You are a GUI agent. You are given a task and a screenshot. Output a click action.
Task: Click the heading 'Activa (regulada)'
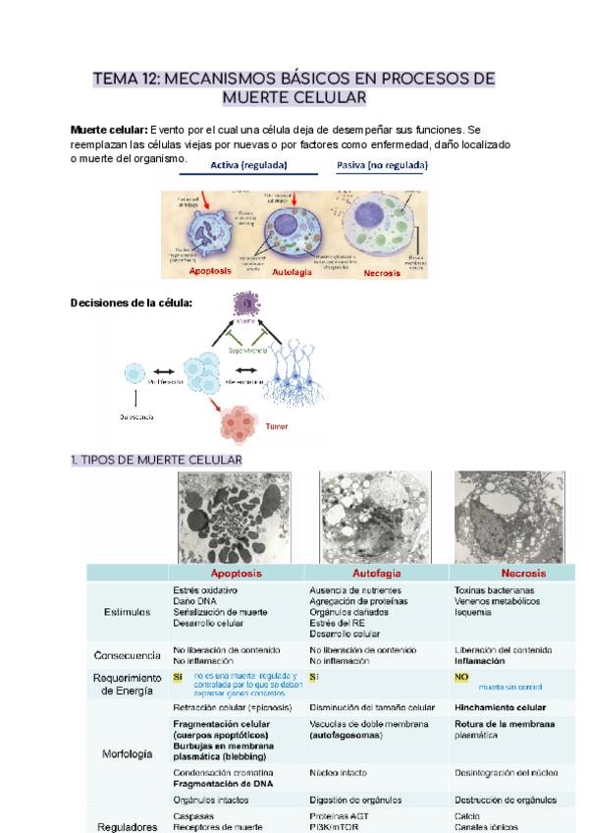[x=248, y=165]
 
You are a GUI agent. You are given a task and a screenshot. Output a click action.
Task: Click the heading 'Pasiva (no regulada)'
[x=381, y=165]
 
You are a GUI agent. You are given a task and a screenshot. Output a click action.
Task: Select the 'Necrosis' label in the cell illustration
[x=382, y=273]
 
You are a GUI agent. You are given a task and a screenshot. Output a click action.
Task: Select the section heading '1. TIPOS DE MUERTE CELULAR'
[x=156, y=460]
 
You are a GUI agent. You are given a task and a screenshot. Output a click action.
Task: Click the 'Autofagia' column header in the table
[x=378, y=573]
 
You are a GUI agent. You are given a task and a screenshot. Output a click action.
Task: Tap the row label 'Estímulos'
[x=127, y=611]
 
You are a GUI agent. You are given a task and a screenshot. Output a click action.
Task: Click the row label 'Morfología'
[x=127, y=754]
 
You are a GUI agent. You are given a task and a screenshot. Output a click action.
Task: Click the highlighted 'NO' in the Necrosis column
[x=461, y=678]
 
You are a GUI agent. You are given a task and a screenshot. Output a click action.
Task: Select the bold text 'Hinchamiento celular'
[x=500, y=707]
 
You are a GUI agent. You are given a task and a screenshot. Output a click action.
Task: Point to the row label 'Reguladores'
[x=127, y=826]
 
